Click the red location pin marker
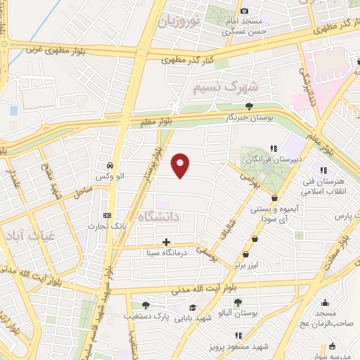coord(181,165)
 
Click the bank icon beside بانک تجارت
coord(107,215)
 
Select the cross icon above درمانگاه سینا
coord(166,241)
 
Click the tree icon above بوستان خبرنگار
coord(249,105)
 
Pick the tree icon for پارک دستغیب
coord(146,305)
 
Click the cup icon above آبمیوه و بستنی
coord(273,199)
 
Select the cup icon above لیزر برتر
coord(246,255)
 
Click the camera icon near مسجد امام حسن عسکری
coord(244,11)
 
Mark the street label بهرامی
coord(251,179)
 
